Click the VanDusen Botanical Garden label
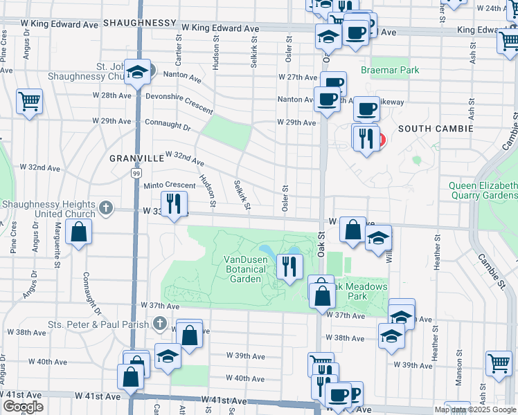[242, 269]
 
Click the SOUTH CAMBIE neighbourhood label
[435, 129]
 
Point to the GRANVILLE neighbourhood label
[136, 158]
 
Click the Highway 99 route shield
[136, 174]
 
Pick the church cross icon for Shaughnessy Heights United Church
[105, 207]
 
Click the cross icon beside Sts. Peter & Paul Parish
[160, 323]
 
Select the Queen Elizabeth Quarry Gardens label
[483, 190]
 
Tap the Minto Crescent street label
[169, 185]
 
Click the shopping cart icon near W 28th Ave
[29, 102]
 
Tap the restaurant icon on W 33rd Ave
[174, 203]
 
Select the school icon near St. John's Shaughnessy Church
[138, 72]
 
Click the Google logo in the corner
[23, 407]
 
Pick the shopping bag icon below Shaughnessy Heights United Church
[79, 232]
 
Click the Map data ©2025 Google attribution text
[475, 409]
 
